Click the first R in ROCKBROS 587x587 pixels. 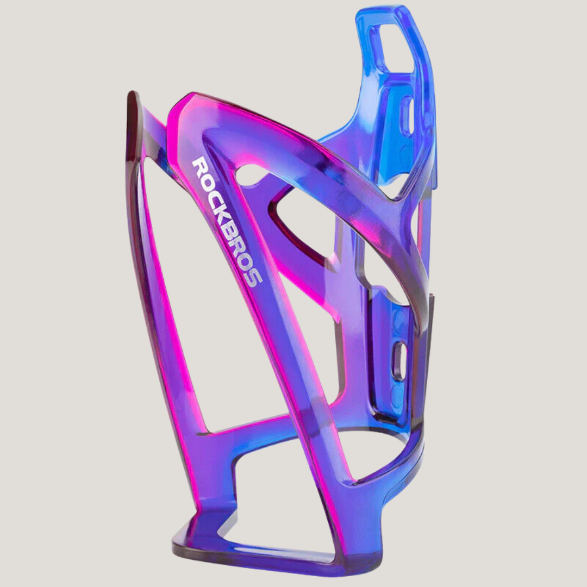(x=201, y=165)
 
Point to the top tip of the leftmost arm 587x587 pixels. (x=132, y=98)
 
